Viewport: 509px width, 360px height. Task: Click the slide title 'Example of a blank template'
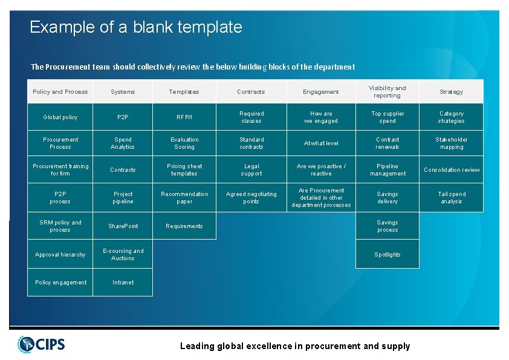(x=135, y=27)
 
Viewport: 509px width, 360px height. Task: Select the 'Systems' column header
(x=123, y=92)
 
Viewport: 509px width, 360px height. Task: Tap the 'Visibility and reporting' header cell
(x=387, y=92)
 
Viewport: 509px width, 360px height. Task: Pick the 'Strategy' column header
(x=451, y=92)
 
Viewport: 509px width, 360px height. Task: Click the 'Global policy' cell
(x=60, y=117)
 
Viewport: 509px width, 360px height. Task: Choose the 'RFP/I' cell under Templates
(x=184, y=117)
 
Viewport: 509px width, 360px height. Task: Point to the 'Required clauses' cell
(x=251, y=117)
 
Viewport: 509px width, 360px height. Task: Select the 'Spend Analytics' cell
(x=123, y=143)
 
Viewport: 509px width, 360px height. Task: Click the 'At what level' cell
(x=321, y=143)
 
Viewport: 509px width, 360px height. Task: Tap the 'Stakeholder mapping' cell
(x=451, y=143)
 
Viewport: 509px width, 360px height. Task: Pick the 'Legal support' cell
(x=251, y=170)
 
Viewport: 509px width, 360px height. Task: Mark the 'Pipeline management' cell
(x=387, y=170)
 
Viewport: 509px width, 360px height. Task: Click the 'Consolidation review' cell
(x=451, y=170)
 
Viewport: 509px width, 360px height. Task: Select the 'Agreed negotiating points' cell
(x=251, y=198)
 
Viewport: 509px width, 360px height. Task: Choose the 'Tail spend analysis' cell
(x=451, y=198)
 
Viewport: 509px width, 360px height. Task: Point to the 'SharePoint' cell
(x=123, y=226)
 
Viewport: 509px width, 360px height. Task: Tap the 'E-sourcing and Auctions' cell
(x=123, y=255)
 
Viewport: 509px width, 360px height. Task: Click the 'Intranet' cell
(x=123, y=283)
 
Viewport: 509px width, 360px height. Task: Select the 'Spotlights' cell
(x=387, y=255)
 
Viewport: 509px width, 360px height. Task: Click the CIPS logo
(x=41, y=344)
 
